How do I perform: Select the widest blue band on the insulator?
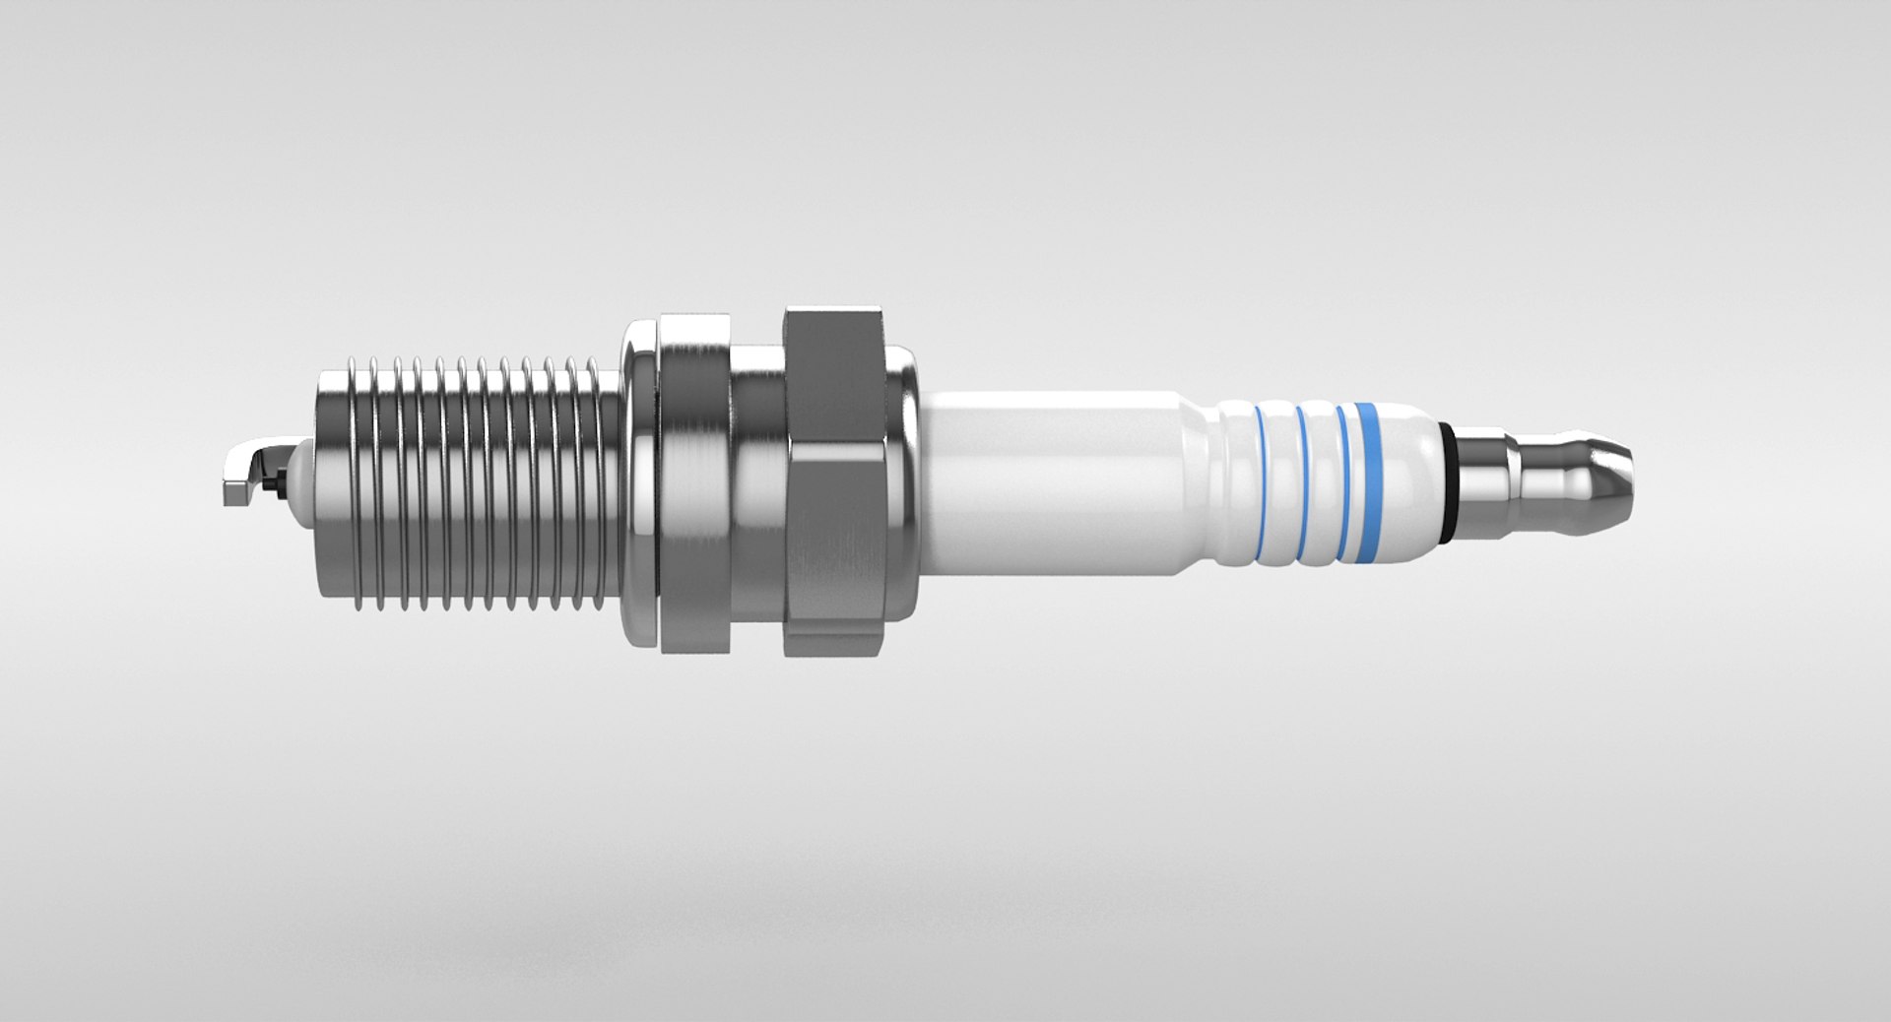[x=1364, y=482]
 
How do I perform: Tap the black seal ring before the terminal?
[x=1447, y=482]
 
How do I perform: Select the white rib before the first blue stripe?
[x=1239, y=482]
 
